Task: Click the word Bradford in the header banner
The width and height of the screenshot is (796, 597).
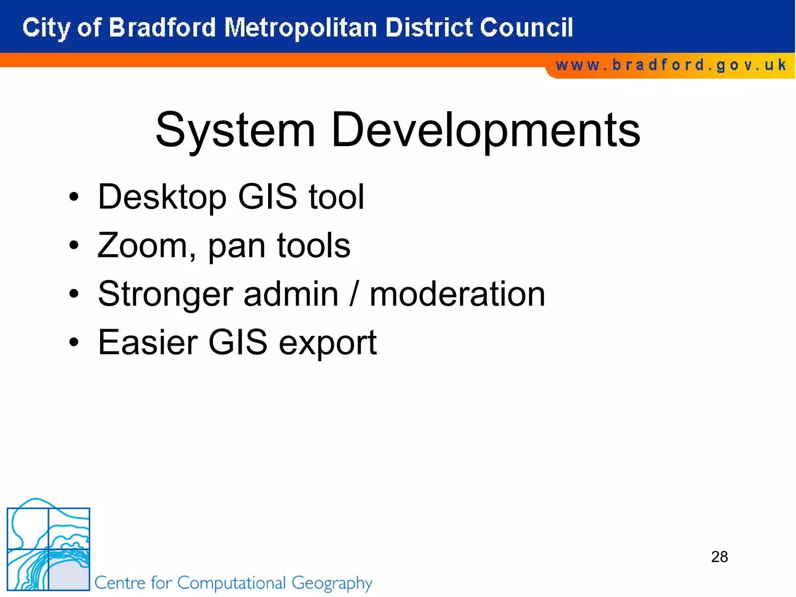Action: [x=162, y=28]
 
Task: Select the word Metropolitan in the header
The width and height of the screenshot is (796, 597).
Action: [x=300, y=28]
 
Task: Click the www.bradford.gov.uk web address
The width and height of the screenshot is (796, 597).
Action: [x=671, y=65]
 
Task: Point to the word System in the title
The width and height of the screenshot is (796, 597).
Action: [x=235, y=130]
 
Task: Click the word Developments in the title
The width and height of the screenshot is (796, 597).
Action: [x=486, y=130]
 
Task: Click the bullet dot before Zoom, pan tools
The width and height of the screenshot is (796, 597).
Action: [x=74, y=246]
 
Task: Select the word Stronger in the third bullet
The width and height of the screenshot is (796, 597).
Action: [x=166, y=295]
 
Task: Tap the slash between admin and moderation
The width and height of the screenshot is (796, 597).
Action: [x=353, y=295]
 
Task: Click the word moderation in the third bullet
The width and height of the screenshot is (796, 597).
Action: [x=457, y=295]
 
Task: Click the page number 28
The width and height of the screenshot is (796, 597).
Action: [x=719, y=557]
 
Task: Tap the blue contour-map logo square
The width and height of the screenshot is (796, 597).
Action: [x=49, y=548]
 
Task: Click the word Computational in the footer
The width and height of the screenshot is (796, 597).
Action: [x=232, y=583]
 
